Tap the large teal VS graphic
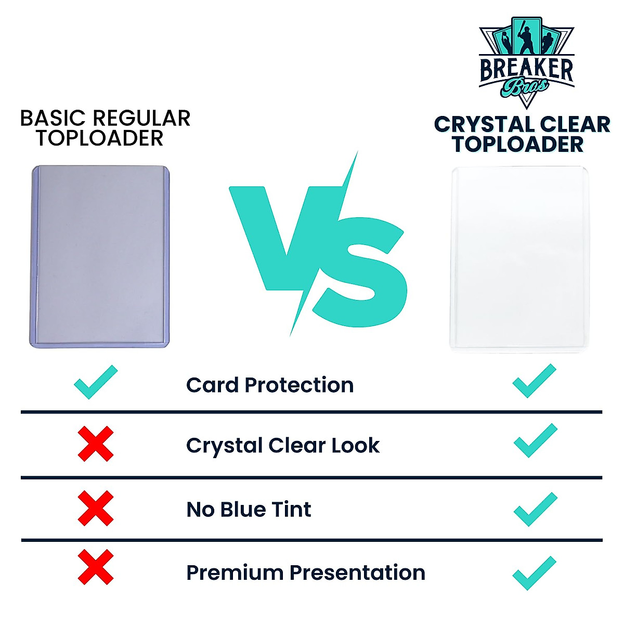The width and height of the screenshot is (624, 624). (x=317, y=244)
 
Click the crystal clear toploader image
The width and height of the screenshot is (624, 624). (x=519, y=258)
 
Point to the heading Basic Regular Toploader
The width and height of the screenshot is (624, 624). (x=105, y=128)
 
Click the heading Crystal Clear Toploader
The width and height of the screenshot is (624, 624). (x=522, y=134)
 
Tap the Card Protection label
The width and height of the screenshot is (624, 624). (x=270, y=385)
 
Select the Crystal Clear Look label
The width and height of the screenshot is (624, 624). (x=283, y=446)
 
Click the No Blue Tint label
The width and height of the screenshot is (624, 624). (x=249, y=510)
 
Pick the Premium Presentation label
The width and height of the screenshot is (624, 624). (x=306, y=573)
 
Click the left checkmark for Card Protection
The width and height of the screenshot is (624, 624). (x=96, y=382)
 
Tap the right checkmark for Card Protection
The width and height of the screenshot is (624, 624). (x=534, y=381)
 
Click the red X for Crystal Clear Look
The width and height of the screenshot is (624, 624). (x=96, y=444)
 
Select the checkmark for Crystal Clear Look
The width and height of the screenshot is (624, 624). (x=535, y=440)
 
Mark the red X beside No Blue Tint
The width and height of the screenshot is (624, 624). (x=96, y=508)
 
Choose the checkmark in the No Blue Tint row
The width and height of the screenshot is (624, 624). (x=535, y=510)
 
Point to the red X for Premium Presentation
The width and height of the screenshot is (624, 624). (x=96, y=567)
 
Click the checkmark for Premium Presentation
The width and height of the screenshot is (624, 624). (x=534, y=573)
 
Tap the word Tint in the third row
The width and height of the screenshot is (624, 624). (x=291, y=510)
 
